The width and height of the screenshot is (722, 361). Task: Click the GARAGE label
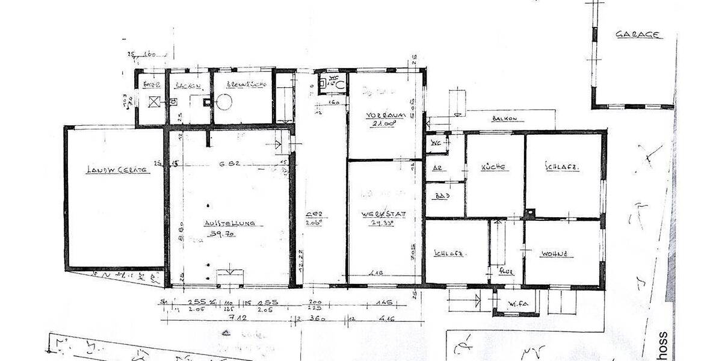pos(638,35)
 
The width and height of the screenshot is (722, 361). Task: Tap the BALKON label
pos(504,119)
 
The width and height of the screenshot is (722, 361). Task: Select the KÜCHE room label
pos(492,167)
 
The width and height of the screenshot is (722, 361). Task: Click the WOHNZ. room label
pos(554,254)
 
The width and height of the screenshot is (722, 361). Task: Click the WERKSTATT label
pos(380,215)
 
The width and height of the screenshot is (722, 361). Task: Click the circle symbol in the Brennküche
pos(224,102)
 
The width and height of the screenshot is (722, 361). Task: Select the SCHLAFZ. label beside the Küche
pos(561,167)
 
